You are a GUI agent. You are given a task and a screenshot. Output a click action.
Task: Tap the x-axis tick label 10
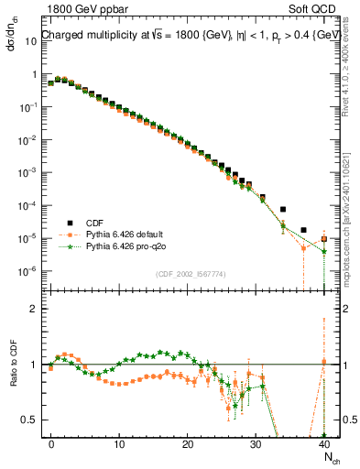point(119,443)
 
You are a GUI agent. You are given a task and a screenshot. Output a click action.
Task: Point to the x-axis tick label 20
point(187,443)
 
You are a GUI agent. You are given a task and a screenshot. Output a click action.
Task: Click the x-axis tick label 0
point(51,443)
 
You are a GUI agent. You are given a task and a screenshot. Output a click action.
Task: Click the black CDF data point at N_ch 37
point(303,230)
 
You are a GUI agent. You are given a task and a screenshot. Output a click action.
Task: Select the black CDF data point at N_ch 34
point(283,210)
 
